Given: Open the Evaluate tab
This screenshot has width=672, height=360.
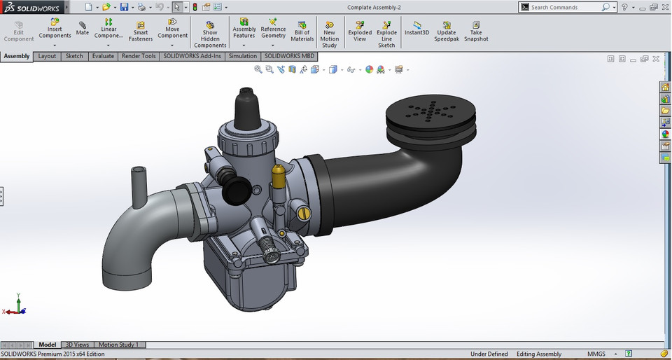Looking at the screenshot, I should coord(103,56).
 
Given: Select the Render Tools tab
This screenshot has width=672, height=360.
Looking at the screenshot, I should coord(139,56).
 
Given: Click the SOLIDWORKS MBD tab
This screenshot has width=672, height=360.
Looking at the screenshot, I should coord(289,56).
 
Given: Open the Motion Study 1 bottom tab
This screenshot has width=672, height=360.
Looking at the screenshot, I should coord(118,345).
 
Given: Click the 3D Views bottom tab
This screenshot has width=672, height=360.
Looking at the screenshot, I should coord(77,345).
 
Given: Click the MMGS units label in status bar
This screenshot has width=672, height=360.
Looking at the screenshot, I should coord(596,354).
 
